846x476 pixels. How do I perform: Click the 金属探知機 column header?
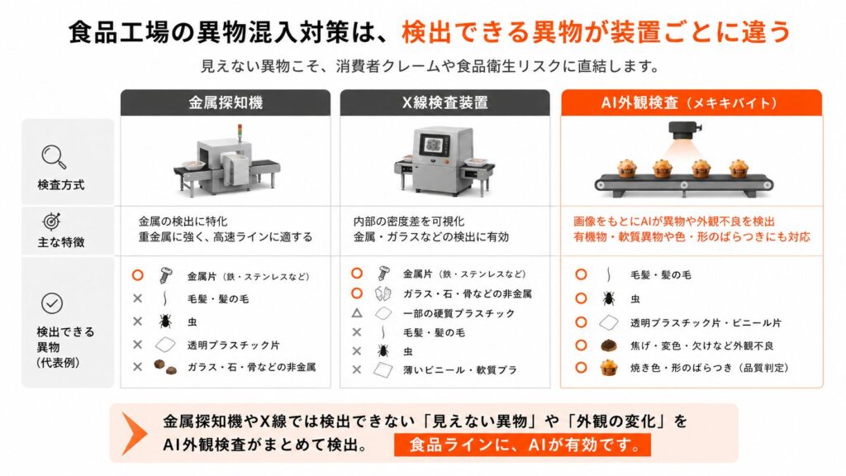pos(226,102)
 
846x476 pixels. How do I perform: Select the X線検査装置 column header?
pos(445,102)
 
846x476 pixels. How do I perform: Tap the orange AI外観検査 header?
pos(692,102)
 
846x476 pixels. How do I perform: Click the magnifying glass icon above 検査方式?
pos(54,157)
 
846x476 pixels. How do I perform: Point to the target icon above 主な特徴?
pos(52,221)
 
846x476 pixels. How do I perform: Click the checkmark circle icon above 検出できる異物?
pos(52,303)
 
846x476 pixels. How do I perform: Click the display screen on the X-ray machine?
pos(431,144)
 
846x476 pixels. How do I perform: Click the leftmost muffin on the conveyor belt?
pos(626,169)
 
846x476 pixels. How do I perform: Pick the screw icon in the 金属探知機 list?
pos(165,275)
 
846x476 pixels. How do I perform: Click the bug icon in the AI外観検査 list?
pos(609,298)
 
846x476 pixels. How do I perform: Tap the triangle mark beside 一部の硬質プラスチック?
pos(357,313)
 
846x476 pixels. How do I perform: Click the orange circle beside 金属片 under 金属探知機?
pos(138,275)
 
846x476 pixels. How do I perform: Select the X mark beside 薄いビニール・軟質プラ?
pos(357,369)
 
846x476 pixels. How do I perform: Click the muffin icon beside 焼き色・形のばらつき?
pos(609,368)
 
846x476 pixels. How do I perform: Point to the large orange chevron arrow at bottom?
pos(134,433)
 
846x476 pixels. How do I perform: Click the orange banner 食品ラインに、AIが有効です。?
pos(522,445)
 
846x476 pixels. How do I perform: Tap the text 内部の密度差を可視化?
pos(408,221)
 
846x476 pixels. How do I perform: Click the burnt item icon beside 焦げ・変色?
pos(609,345)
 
